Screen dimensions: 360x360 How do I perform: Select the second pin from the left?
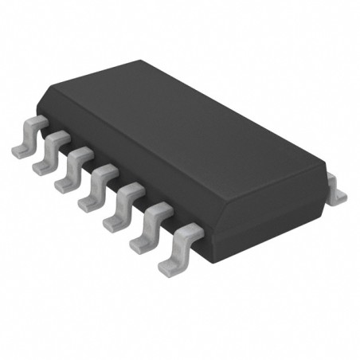(47, 153)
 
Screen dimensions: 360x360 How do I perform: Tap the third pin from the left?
(69, 169)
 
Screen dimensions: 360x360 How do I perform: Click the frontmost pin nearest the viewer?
(174, 249)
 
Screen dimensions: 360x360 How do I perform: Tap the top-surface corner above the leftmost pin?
(49, 99)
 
